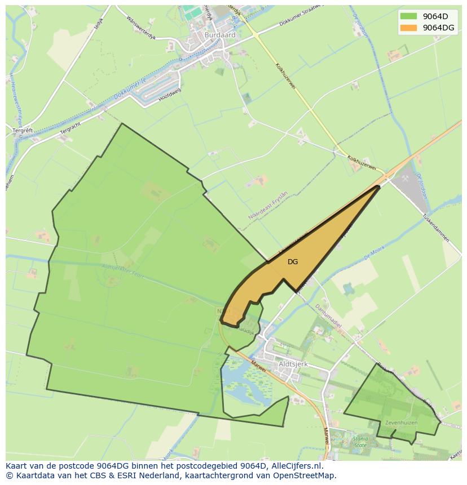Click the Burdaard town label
coord(220,35)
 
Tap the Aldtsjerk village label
coord(293,364)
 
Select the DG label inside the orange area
coord(292,262)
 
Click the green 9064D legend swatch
coord(409,16)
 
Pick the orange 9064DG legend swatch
coord(409,28)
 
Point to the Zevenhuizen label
coord(401,422)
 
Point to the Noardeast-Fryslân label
coord(268,205)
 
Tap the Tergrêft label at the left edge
coord(23,130)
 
